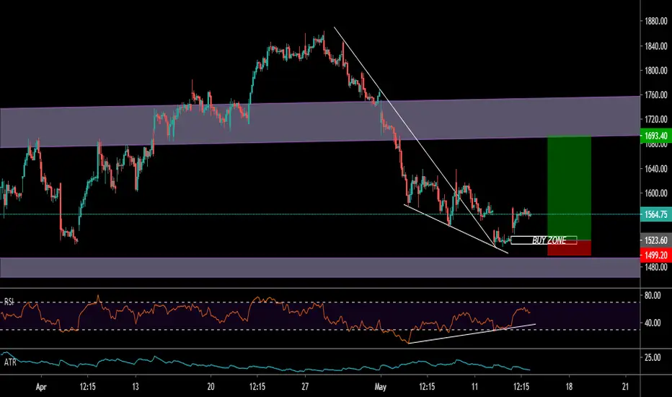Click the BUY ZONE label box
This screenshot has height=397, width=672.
[544, 240]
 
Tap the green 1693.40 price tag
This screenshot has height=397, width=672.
[655, 136]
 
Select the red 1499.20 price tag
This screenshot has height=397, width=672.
[655, 256]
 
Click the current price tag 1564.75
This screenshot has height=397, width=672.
[655, 214]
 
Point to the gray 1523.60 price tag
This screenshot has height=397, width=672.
[655, 241]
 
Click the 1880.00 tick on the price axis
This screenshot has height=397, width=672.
[655, 22]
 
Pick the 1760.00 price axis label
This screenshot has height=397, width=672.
[655, 95]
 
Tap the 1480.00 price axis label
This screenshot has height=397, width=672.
[655, 267]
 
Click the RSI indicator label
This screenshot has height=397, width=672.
[9, 302]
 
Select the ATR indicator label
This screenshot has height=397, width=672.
[10, 362]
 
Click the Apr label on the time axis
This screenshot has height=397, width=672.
[40, 387]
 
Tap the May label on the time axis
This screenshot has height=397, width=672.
[380, 387]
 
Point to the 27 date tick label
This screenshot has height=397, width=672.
[305, 387]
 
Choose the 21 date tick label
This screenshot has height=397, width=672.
[625, 387]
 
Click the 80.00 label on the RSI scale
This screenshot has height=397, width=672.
[653, 295]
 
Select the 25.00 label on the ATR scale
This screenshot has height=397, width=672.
[653, 357]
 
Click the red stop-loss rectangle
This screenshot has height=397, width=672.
[569, 248]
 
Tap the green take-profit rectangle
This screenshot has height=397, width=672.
[569, 188]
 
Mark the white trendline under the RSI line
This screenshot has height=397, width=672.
[472, 333]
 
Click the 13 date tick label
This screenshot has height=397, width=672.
[136, 387]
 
